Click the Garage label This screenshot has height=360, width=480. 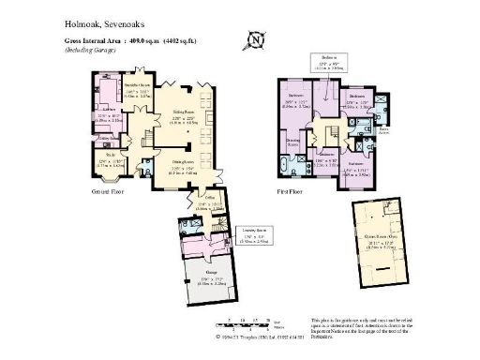pyautogui.click(x=214, y=277)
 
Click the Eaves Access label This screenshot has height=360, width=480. pyautogui.click(x=384, y=128)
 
